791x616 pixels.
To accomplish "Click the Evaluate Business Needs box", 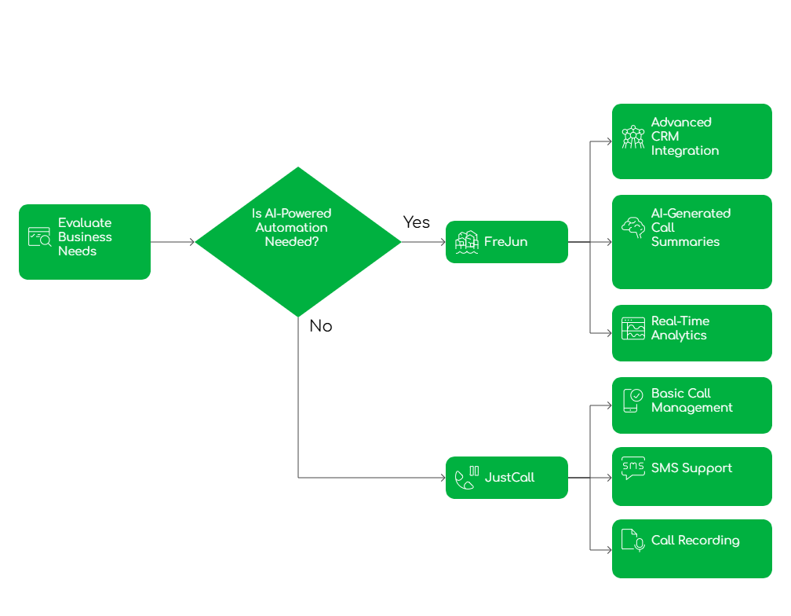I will pos(85,242).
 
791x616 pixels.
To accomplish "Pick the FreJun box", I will pos(507,242).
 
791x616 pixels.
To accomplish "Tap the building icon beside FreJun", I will pos(467,242).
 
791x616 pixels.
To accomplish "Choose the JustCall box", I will pos(507,478).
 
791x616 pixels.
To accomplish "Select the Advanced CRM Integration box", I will pos(692,141).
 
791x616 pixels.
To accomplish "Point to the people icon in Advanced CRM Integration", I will pos(632,137).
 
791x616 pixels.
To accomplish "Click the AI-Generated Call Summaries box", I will pos(692,242).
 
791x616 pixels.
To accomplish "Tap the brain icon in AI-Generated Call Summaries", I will pos(632,228).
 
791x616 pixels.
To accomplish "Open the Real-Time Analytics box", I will pos(692,333).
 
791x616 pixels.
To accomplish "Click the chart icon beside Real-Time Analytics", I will pos(632,328).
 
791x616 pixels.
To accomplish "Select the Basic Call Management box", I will pos(692,405).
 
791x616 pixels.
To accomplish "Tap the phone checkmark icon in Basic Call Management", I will pos(632,401).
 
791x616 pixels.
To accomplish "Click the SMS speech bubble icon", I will pos(632,468).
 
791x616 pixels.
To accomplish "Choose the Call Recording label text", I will pos(695,541).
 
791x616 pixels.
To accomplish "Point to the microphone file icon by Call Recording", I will pos(632,541).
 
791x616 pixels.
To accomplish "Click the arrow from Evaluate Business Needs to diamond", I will pos(173,242).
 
